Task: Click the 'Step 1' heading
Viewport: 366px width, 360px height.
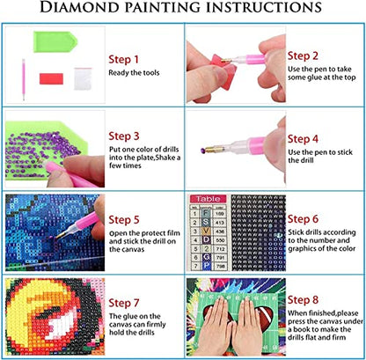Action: click(x=124, y=59)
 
